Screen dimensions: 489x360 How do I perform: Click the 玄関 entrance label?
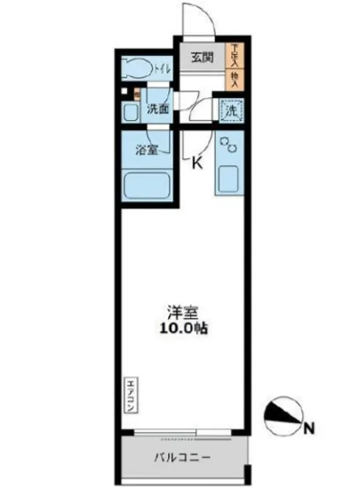tap(201, 59)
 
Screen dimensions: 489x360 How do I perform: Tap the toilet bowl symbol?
tap(138, 67)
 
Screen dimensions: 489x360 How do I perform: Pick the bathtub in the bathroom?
tap(146, 186)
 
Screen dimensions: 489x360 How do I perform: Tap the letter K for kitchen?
tap(198, 163)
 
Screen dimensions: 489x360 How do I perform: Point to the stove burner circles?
tap(226, 144)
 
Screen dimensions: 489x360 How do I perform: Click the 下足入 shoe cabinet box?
tap(236, 55)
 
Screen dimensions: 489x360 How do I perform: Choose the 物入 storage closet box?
tap(236, 81)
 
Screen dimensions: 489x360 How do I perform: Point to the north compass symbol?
tap(284, 413)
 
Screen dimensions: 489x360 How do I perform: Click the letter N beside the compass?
tap(309, 430)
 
